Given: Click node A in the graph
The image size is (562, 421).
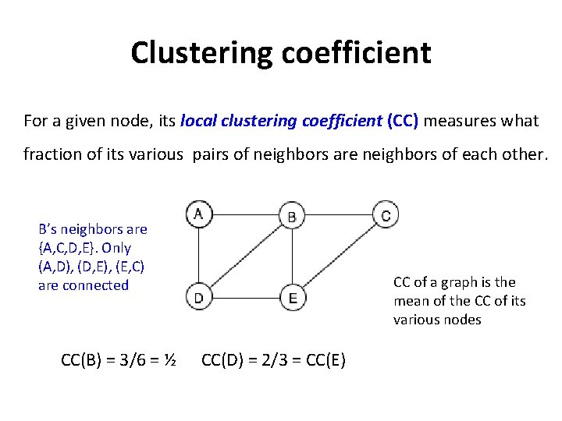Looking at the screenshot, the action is [x=198, y=214].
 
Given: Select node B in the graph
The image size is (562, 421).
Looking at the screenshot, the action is [x=291, y=216].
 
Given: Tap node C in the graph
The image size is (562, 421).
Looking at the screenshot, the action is [x=385, y=214].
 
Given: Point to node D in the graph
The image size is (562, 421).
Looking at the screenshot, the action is [x=198, y=296].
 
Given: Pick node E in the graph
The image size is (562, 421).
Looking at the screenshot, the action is [x=292, y=296].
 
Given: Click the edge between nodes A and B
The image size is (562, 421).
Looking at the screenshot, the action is [x=244, y=214].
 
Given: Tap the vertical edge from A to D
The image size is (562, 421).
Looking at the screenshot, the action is [x=198, y=255].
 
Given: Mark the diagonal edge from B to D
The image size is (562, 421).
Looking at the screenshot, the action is [x=244, y=256].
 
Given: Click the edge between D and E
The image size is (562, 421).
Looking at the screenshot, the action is [x=245, y=296].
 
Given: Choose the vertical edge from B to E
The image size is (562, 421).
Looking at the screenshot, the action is [x=292, y=256].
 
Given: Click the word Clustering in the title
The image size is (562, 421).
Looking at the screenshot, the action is [x=199, y=53].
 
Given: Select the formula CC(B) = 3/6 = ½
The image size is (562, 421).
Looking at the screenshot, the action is [x=117, y=360].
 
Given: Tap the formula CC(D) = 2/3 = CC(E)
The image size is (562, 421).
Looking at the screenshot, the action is [x=273, y=360].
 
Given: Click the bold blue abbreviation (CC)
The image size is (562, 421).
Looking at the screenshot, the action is [x=403, y=121].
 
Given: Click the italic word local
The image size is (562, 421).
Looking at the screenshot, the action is [x=197, y=121].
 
